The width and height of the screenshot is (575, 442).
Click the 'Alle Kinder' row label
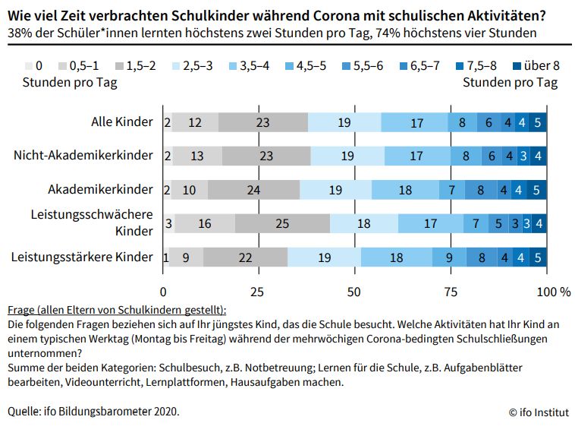(x=122, y=122)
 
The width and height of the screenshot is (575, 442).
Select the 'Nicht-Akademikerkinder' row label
(x=83, y=156)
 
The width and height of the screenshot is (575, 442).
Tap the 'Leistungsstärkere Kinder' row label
(x=82, y=257)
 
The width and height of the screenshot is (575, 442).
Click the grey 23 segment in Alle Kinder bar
(x=263, y=122)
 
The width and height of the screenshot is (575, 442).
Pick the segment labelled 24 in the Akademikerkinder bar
(x=253, y=190)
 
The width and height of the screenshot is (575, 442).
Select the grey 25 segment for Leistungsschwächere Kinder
(x=282, y=224)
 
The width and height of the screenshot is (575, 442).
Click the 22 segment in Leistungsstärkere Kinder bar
(x=245, y=257)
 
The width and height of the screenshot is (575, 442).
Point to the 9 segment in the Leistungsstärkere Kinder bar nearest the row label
(x=186, y=257)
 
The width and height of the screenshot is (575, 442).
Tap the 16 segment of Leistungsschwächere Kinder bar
(x=204, y=224)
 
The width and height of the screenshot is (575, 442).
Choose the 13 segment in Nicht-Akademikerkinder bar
(x=197, y=156)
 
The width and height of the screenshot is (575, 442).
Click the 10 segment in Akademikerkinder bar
(x=189, y=190)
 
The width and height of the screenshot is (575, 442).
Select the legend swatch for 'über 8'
(x=511, y=66)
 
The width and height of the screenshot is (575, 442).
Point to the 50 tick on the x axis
(x=353, y=292)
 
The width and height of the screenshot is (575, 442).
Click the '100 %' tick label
(x=553, y=292)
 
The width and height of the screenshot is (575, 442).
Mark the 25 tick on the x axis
(x=258, y=292)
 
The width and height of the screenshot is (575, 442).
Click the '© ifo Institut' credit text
(x=538, y=412)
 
